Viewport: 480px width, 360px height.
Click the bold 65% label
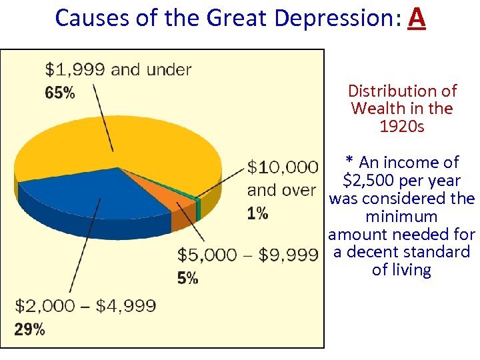coord(59,93)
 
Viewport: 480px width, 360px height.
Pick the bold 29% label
coord(30,329)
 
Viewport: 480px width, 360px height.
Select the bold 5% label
coord(187,279)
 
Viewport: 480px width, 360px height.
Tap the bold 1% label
coord(257,213)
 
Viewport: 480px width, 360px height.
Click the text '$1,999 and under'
coord(118,69)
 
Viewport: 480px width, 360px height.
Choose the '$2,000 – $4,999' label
coord(85,307)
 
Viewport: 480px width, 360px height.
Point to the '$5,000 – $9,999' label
coord(247,255)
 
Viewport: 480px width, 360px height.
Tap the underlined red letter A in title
coord(416,18)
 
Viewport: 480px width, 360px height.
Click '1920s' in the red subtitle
coord(401,126)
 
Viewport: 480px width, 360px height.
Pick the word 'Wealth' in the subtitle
coord(377,108)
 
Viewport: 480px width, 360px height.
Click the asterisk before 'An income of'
coord(349,162)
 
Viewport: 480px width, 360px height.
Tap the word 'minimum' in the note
coord(401,217)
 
